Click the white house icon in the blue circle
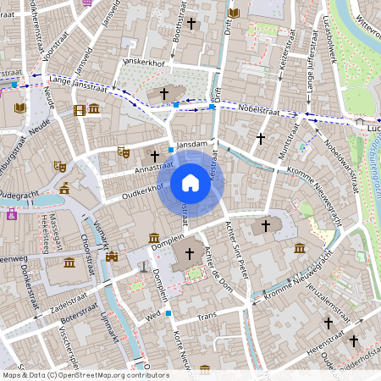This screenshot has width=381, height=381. [x=190, y=182]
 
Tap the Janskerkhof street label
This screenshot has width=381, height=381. [x=148, y=63]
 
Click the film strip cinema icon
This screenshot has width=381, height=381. [x=79, y=109]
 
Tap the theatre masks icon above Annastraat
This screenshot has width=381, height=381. [x=124, y=152]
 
